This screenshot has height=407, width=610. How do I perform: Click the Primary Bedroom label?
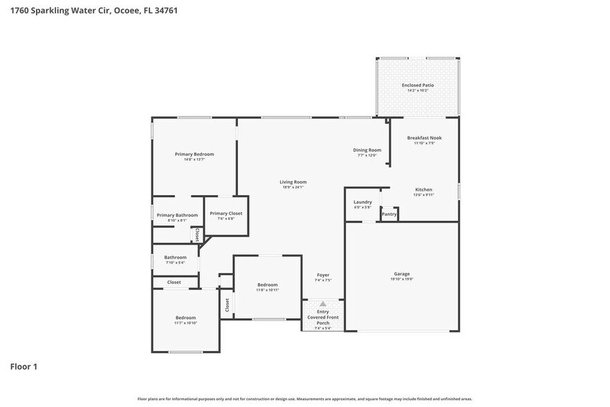point(194,154)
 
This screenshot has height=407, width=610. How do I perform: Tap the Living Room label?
point(293,182)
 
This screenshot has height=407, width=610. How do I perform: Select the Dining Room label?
point(367,150)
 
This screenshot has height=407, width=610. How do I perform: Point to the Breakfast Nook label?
point(424,138)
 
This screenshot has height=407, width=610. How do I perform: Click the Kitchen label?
point(423,190)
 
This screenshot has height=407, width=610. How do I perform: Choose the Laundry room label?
point(362,202)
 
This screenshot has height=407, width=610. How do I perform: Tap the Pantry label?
point(389,215)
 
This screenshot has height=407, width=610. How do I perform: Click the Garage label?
point(402,273)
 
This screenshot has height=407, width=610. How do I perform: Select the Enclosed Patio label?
point(418,85)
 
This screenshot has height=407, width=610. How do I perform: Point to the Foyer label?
point(323,275)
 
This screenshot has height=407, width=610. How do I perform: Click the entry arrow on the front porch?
point(322,304)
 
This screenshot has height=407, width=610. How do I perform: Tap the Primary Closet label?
point(226,213)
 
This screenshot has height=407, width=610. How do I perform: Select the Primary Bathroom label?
point(177,215)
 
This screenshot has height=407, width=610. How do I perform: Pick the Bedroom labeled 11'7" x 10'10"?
point(185,318)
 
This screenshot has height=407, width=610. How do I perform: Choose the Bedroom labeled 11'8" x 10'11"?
point(268,284)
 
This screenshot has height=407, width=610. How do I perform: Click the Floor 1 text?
point(24,366)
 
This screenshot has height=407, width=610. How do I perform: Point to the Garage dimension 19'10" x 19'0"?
point(402,279)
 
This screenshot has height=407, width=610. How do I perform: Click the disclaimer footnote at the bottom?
point(304,399)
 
